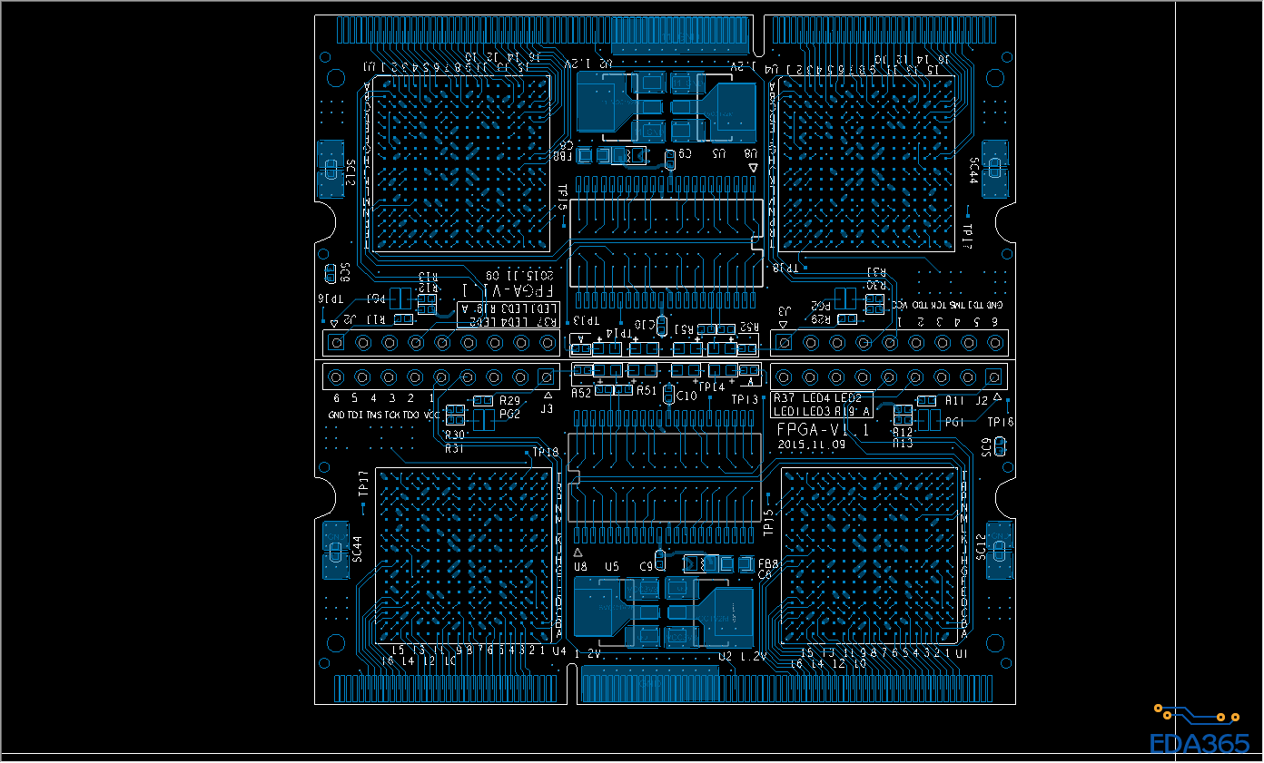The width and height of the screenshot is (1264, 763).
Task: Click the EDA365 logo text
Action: pos(1200,743)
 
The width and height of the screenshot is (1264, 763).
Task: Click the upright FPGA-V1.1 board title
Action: pos(824,430)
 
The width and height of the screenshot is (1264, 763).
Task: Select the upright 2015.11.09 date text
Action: pos(812,445)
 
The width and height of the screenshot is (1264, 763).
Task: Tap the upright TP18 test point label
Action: pos(546,452)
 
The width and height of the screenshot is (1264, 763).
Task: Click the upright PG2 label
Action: pos(509,415)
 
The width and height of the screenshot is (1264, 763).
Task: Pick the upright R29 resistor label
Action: pos(509,400)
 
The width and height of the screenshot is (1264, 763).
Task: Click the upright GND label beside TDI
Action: pos(337,415)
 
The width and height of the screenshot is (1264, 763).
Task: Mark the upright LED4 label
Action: pos(816,397)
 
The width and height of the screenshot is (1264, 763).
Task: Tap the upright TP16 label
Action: pos(1000,422)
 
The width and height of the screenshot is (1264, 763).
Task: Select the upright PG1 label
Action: pos(954,422)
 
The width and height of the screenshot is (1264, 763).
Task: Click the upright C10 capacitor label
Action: pos(687,396)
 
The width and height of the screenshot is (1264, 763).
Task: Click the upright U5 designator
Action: pos(612,566)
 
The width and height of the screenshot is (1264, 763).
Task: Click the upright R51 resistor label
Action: pos(646,391)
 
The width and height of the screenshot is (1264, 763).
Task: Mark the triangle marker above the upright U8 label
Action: pos(579,553)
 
